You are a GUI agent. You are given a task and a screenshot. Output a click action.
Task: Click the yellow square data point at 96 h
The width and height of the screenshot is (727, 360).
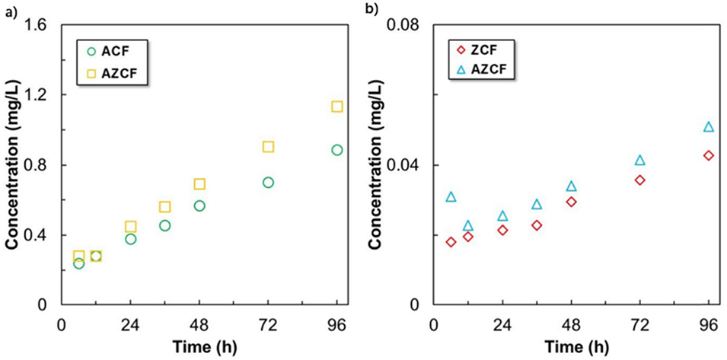[x=337, y=107]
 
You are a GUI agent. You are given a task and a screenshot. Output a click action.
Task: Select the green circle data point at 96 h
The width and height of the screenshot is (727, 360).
[x=337, y=150]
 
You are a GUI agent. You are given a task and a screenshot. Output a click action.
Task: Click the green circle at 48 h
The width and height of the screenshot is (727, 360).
[x=199, y=205]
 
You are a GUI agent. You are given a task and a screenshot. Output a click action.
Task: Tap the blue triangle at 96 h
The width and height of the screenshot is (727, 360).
[x=709, y=127]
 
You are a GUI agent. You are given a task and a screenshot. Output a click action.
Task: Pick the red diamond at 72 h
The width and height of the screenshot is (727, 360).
[x=640, y=180]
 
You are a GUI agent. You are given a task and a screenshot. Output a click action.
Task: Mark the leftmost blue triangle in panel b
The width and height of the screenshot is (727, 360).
[x=451, y=197]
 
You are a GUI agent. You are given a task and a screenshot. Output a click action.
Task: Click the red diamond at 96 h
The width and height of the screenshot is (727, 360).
[x=709, y=155]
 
